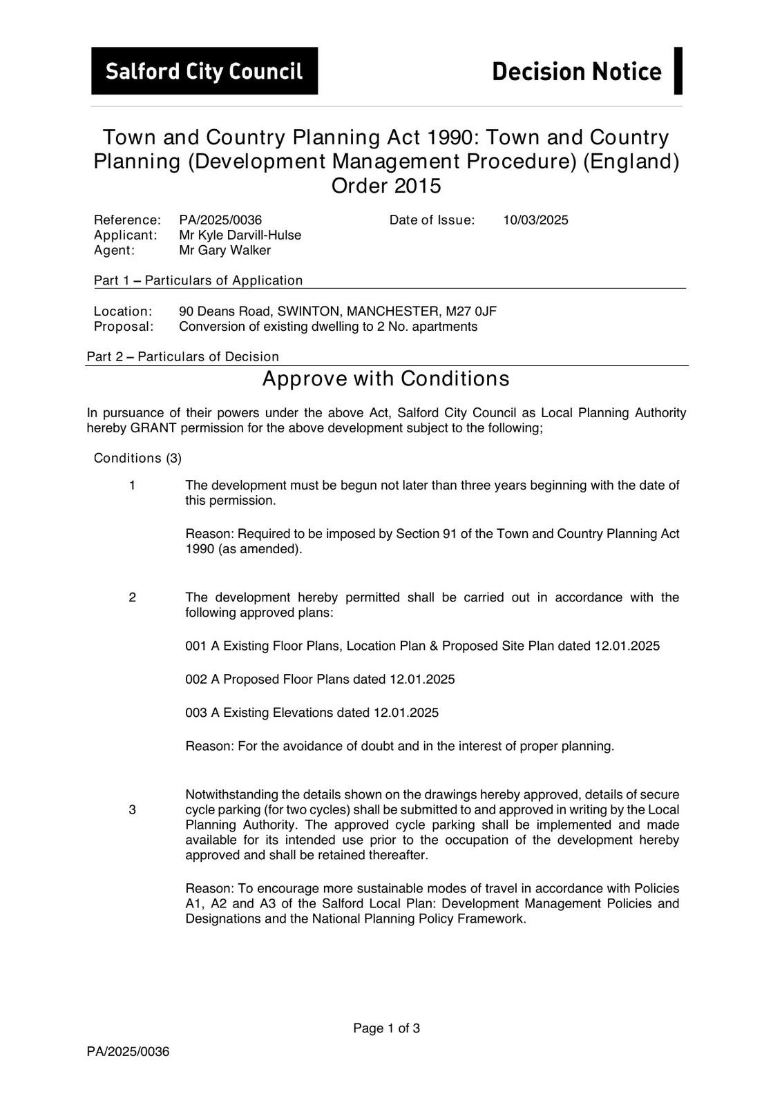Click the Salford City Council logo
pos(204,71)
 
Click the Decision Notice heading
pos(576,71)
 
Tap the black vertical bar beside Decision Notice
pos(678,70)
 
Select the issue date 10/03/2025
pos(535,220)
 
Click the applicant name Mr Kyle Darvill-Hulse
pos(240,236)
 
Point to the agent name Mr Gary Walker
pos(225,251)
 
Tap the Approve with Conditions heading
pos(386,379)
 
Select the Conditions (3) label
pos(137,459)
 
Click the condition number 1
pos(132,486)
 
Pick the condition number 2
pos(132,597)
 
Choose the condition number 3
pos(132,810)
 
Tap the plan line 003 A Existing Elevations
pos(312,713)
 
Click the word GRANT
pos(152,428)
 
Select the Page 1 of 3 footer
pos(386,1028)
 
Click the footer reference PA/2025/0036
pos(128,1052)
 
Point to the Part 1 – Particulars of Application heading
pos(198,280)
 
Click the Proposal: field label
pos(124,327)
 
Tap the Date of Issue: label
pos(432,220)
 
